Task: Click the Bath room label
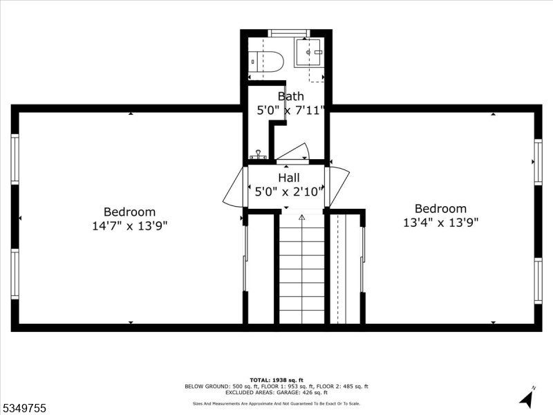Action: pos(290,96)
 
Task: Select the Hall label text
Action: pos(289,178)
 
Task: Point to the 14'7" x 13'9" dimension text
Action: pos(130,225)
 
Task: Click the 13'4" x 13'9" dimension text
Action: pos(441,222)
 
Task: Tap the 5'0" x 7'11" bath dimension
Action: pos(290,110)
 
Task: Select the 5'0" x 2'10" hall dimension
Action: pos(289,191)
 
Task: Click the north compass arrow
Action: pos(527,398)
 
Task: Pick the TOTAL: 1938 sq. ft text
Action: pos(276,380)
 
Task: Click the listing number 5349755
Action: pos(25,408)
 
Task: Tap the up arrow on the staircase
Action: pos(301,219)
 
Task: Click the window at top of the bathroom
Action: pos(289,33)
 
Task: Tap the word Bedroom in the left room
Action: pos(130,212)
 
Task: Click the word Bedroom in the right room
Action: pos(441,208)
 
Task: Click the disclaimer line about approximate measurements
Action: pos(276,404)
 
